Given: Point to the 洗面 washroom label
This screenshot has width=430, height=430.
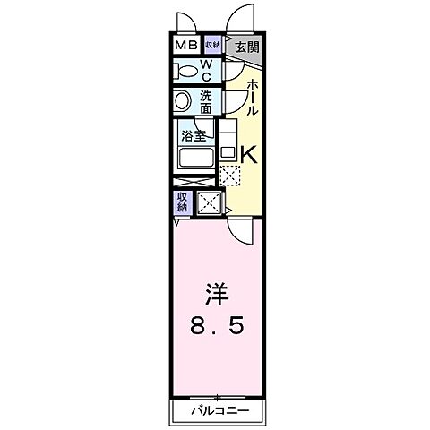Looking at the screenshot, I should click(205, 100).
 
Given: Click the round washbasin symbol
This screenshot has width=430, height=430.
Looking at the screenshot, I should click(183, 100).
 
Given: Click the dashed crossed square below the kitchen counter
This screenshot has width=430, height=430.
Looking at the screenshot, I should click(229, 175).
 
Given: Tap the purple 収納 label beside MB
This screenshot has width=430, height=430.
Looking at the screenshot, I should click(211, 45).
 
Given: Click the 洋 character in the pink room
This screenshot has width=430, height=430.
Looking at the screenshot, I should click(216, 293).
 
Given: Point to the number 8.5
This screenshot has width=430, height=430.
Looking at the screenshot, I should click(216, 325).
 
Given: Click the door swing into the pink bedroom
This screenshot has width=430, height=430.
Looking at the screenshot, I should click(239, 232).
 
